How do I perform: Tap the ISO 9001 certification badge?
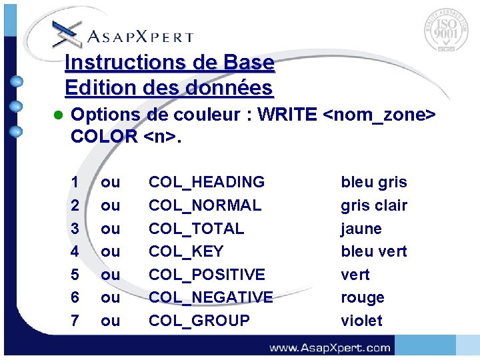click(446, 30)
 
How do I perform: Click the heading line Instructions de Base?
click(169, 63)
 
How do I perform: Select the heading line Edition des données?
click(169, 87)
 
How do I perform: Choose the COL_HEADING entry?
click(207, 182)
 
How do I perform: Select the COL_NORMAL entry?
click(205, 205)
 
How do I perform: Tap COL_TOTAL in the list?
click(196, 229)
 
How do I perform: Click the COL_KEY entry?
click(186, 251)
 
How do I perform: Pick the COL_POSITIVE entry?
click(207, 275)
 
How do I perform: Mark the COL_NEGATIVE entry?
click(211, 297)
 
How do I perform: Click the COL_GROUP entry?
click(199, 321)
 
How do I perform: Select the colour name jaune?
click(361, 229)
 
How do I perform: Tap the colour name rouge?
click(363, 297)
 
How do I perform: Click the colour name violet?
click(361, 321)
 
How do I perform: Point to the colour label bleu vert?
click(373, 251)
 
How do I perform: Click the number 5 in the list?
click(75, 275)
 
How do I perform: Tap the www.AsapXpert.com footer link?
click(330, 347)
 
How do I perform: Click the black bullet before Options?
click(57, 115)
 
